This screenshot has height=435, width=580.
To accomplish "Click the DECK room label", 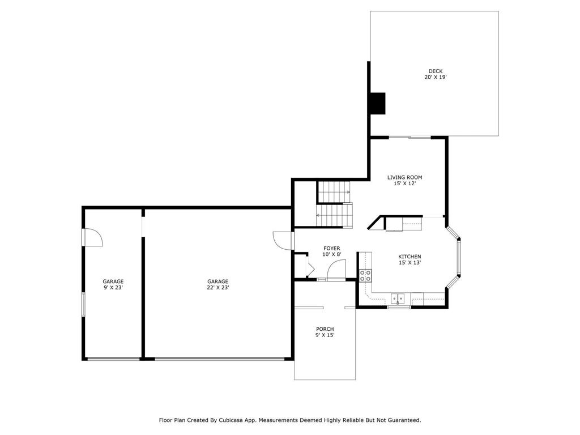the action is point(436,71).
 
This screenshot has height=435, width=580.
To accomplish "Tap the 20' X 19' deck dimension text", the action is point(436,77).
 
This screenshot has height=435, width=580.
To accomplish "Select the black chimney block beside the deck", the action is point(378,103).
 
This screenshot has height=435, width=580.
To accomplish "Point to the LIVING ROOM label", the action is point(404,177).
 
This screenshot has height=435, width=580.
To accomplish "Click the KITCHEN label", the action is point(410,257).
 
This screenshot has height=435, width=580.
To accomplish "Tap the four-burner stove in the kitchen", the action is point(365,275).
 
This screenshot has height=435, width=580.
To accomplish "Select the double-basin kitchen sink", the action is point(398,298).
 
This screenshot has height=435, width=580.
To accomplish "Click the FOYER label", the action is point(331,248).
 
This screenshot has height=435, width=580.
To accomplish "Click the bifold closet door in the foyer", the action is point(310,267).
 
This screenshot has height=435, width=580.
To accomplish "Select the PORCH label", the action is point(325,329).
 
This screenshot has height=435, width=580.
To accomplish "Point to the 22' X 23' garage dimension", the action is point(218,287).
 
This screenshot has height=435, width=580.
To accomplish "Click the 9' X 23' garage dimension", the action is point(113,287).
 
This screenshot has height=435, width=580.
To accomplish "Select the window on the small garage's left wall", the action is point(83,304).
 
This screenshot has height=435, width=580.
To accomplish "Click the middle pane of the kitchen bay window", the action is point(459,258).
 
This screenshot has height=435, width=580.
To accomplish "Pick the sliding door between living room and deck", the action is point(410,138).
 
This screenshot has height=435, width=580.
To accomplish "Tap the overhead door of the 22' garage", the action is point(220,359).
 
